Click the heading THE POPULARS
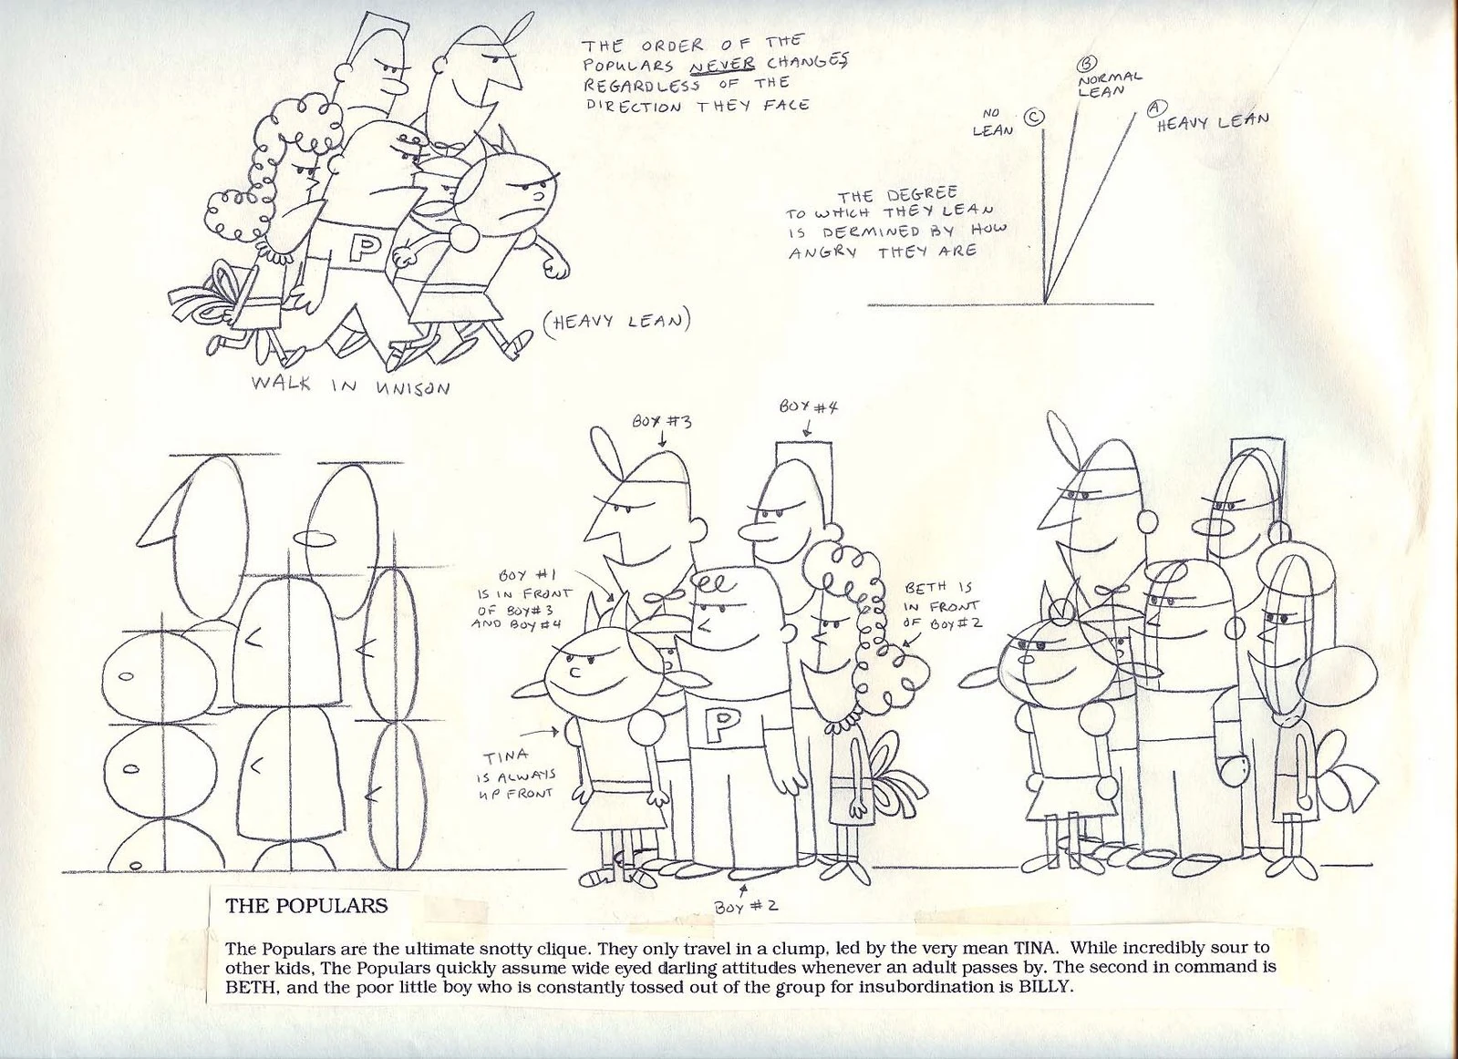tap(306, 906)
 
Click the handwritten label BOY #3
tap(661, 421)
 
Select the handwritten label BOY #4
tap(809, 407)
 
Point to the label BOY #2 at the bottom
tap(746, 906)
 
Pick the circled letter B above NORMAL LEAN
tap(1088, 64)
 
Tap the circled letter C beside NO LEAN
tap(1034, 117)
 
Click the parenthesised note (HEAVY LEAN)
tap(615, 322)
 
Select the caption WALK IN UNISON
tap(350, 385)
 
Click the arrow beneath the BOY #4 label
tap(808, 429)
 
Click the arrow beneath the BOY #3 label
tap(662, 440)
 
